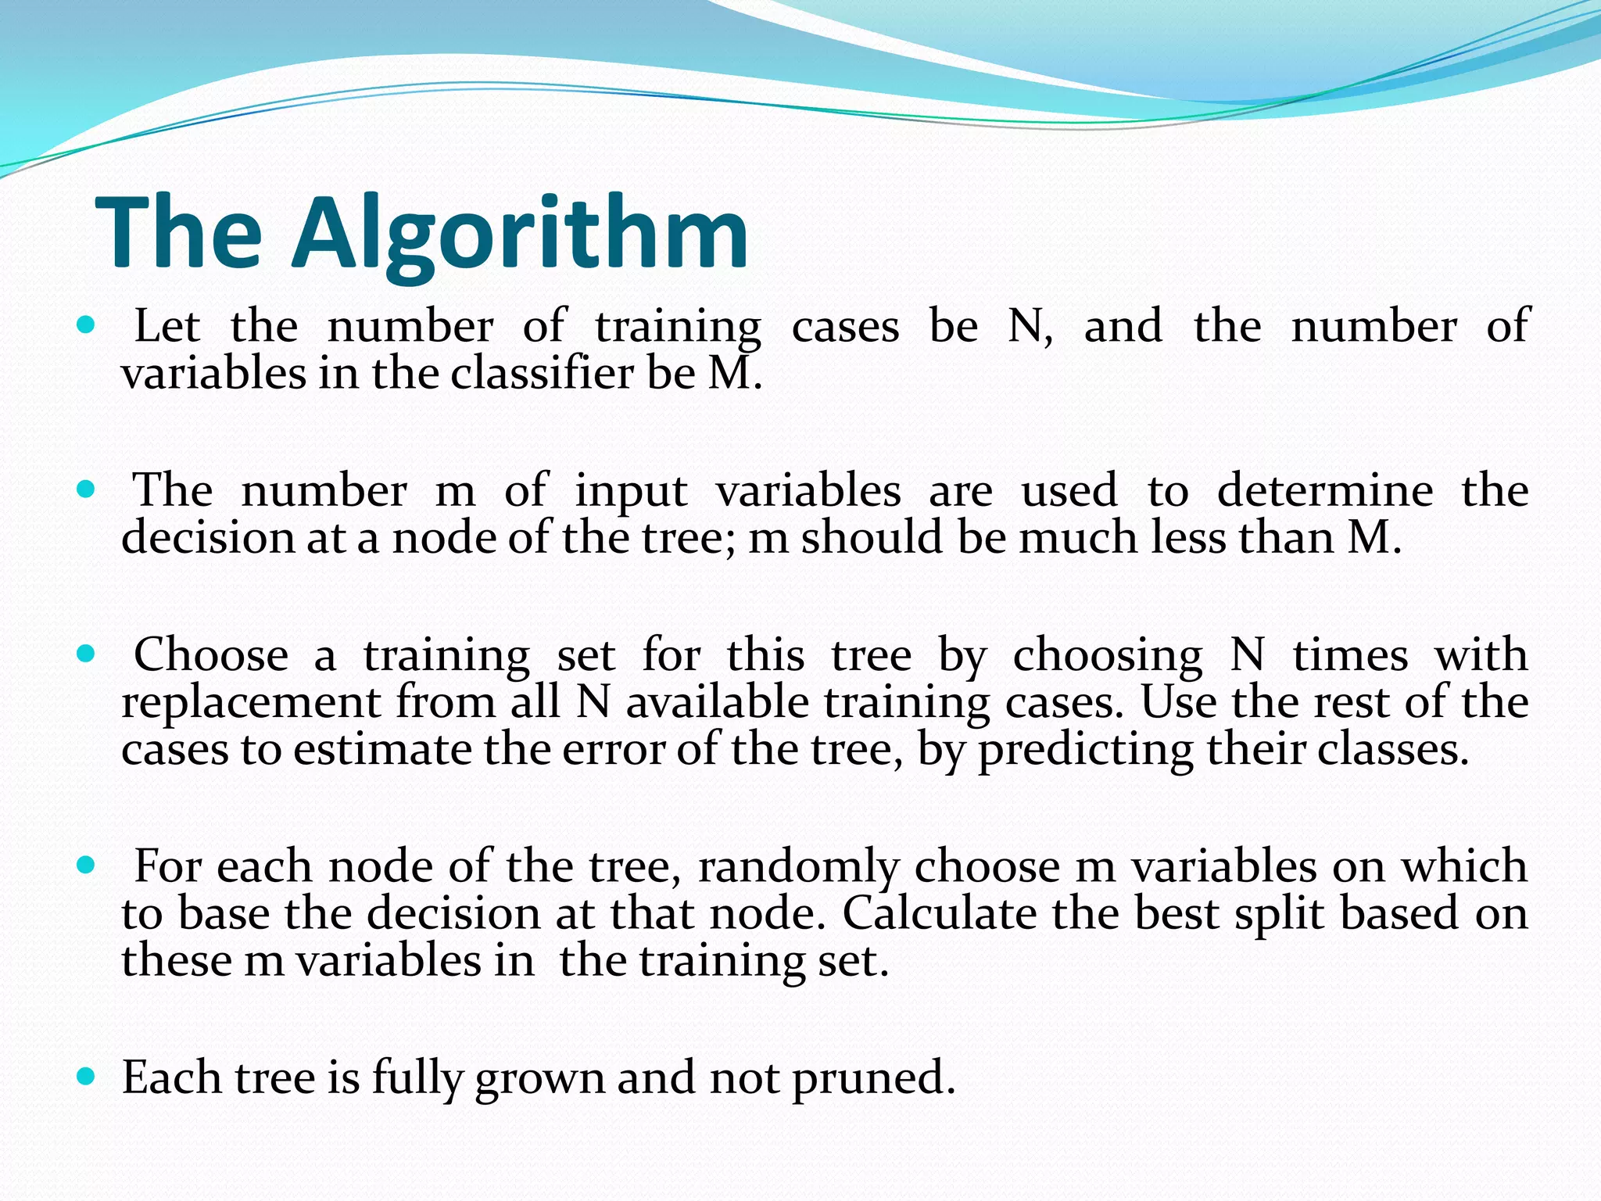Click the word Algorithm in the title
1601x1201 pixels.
click(x=520, y=235)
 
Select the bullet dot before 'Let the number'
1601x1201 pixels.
click(x=86, y=324)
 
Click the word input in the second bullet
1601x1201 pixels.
click(x=631, y=493)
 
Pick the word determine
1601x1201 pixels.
click(x=1325, y=491)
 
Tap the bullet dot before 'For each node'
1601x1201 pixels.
click(x=86, y=866)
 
